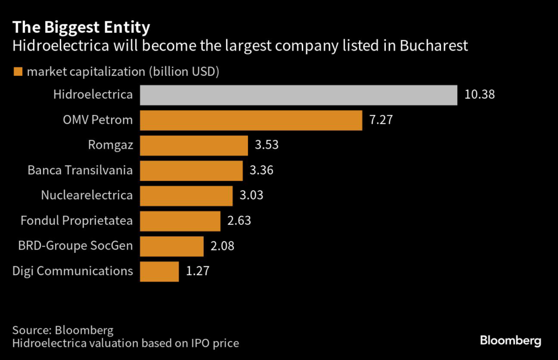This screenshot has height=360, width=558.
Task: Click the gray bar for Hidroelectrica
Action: pyautogui.click(x=298, y=95)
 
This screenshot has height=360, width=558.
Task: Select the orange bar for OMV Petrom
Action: pyautogui.click(x=251, y=120)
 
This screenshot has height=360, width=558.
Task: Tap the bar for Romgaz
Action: pyautogui.click(x=194, y=145)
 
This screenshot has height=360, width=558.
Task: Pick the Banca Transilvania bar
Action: pyautogui.click(x=191, y=170)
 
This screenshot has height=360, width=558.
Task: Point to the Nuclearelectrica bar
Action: pyautogui.click(x=186, y=196)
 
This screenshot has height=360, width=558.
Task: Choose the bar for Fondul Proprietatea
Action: pyautogui.click(x=180, y=221)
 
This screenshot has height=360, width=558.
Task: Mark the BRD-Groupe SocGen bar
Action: pyautogui.click(x=172, y=246)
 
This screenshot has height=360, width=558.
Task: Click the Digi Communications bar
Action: pyautogui.click(x=159, y=271)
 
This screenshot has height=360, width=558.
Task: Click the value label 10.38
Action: pyautogui.click(x=480, y=95)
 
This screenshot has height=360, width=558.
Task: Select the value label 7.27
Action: pyautogui.click(x=381, y=120)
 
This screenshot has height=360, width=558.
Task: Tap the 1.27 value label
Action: pyautogui.click(x=198, y=271)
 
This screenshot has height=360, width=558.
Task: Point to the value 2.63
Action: pyautogui.click(x=239, y=221)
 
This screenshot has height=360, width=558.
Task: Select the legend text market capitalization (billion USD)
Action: pyautogui.click(x=123, y=72)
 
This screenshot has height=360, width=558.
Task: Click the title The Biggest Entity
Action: pyautogui.click(x=82, y=27)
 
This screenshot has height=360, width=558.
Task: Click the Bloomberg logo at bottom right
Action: pyautogui.click(x=510, y=341)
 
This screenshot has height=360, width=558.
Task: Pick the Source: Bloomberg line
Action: pyautogui.click(x=63, y=330)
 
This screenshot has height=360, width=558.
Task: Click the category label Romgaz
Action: pyautogui.click(x=110, y=145)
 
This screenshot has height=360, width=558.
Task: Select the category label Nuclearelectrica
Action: pyautogui.click(x=87, y=196)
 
